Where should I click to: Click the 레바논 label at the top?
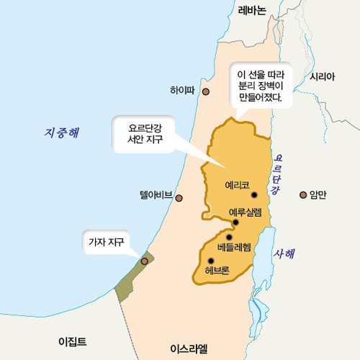point(252,9)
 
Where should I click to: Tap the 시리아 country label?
point(322,76)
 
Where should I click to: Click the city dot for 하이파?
point(206,92)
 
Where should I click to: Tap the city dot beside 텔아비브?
point(179,198)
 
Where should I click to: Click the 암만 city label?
point(318,194)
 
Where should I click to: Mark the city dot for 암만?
point(303,194)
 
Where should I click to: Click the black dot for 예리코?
point(254,194)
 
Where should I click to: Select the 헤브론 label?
point(217,271)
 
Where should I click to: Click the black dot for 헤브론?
point(211,261)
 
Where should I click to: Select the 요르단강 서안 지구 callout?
point(145,132)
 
